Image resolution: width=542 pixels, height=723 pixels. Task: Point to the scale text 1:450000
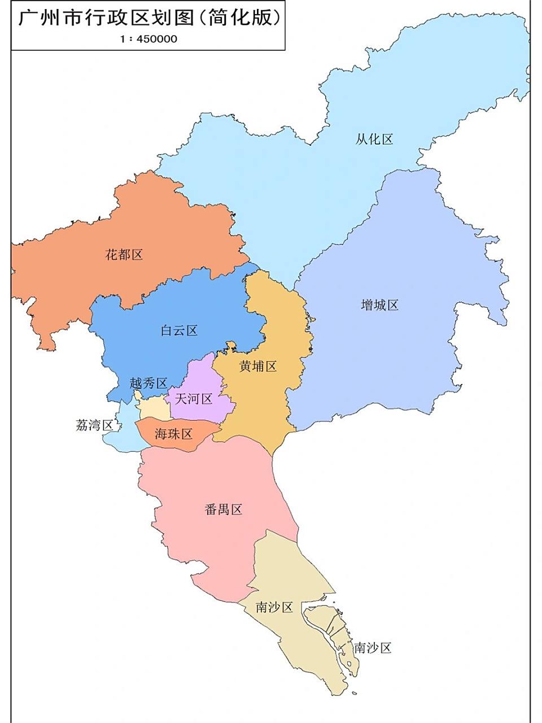pyautogui.click(x=147, y=39)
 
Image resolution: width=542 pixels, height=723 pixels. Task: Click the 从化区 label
pyautogui.click(x=374, y=139)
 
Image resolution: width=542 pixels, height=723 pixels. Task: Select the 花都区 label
pyautogui.click(x=124, y=254)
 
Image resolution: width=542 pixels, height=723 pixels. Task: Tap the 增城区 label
pyautogui.click(x=379, y=305)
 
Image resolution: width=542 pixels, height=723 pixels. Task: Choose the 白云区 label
pyautogui.click(x=179, y=330)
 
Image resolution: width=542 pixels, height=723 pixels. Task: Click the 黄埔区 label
pyautogui.click(x=257, y=366)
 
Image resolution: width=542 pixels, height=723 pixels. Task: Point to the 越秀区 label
pyautogui.click(x=148, y=383)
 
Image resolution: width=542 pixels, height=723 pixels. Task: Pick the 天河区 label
pyautogui.click(x=193, y=399)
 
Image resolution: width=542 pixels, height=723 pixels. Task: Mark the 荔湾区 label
pyautogui.click(x=94, y=425)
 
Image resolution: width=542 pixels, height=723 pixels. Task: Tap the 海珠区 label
pyautogui.click(x=174, y=434)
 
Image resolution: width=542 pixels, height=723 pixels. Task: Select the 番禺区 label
pyautogui.click(x=223, y=509)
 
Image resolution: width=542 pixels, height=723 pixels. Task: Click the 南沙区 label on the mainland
pyautogui.click(x=274, y=607)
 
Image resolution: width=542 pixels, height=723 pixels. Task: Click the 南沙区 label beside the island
pyautogui.click(x=373, y=648)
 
